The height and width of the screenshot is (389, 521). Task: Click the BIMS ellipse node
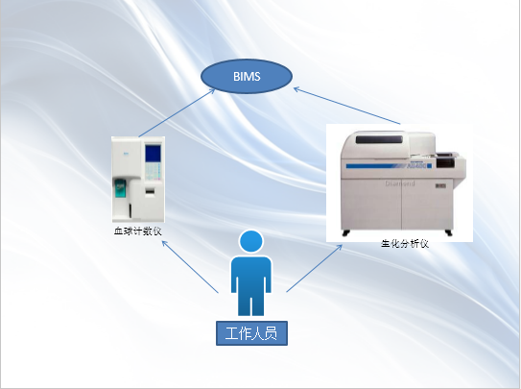click(247, 77)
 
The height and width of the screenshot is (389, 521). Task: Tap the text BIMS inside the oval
click(247, 77)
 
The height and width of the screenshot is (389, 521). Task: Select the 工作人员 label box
click(251, 333)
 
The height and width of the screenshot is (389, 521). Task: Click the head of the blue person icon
click(251, 242)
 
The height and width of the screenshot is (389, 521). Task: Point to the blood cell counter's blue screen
click(153, 154)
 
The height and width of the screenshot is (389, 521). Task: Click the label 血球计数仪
click(138, 231)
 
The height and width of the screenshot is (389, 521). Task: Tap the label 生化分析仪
click(405, 244)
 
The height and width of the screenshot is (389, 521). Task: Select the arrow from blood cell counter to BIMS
click(177, 112)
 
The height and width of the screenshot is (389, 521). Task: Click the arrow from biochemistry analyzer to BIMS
click(347, 106)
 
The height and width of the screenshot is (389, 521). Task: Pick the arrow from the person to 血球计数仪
click(190, 267)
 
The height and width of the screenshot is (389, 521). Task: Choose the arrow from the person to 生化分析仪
click(315, 268)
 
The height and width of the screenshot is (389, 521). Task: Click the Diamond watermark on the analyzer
click(400, 183)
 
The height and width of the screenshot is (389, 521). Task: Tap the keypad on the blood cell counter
click(154, 171)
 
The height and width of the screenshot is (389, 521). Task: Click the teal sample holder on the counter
click(121, 188)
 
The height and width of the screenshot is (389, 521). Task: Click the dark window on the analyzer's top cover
click(379, 139)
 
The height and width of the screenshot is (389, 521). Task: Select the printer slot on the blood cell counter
click(151, 191)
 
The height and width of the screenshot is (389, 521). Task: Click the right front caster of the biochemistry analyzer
click(449, 232)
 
